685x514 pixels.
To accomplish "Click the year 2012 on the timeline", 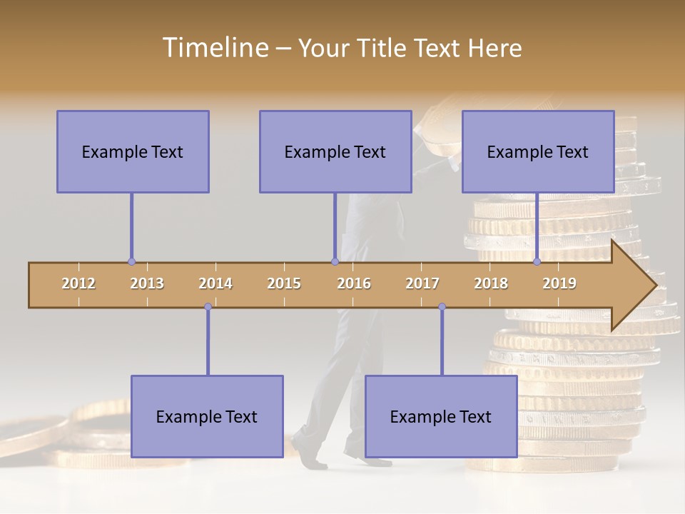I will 78,283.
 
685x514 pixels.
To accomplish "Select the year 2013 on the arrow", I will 147,283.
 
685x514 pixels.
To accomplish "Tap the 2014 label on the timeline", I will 215,283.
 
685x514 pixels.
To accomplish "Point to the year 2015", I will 284,283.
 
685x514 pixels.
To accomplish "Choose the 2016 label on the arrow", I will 354,283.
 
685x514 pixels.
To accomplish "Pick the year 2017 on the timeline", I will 422,283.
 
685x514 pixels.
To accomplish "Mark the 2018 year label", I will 491,283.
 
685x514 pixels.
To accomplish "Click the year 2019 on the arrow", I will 559,283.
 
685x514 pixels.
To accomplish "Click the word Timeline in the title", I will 215,48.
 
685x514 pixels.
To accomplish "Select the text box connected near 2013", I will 133,151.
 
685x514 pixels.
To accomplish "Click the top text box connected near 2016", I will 335,151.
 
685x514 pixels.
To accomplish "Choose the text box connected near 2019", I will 538,151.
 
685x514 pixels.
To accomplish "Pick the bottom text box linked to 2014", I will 207,416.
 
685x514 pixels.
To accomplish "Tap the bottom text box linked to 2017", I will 441,416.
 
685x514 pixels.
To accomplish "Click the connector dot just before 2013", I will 131,262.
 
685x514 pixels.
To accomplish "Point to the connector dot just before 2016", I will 335,262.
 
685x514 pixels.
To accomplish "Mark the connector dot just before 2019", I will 537,262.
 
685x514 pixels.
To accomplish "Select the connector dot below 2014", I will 208,307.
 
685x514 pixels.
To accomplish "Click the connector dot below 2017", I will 442,307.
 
